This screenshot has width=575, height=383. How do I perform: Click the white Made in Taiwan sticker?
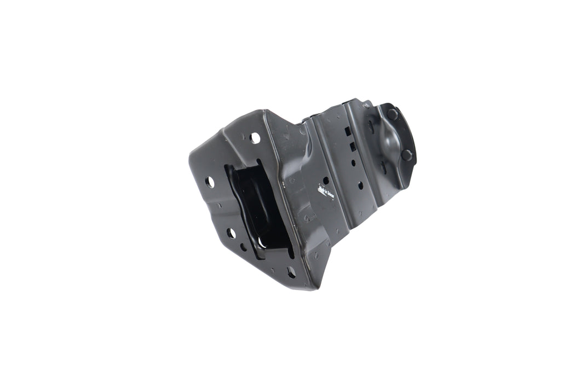pyautogui.click(x=326, y=193)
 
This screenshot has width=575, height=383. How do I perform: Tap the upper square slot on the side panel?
pyautogui.click(x=347, y=131)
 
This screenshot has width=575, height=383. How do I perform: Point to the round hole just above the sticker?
pyautogui.click(x=326, y=180)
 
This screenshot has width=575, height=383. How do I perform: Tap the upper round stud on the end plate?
pyautogui.click(x=393, y=114)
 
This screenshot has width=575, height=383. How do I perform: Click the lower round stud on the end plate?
pyautogui.click(x=406, y=155)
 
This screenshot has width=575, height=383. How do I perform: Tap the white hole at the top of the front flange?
pyautogui.click(x=255, y=138)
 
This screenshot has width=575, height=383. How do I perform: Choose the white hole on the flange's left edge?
pyautogui.click(x=210, y=181)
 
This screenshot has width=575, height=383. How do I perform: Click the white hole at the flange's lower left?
pyautogui.click(x=231, y=234)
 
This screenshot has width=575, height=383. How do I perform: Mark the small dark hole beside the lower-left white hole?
pyautogui.click(x=243, y=247)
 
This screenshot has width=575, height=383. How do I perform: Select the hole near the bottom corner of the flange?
pyautogui.click(x=291, y=272)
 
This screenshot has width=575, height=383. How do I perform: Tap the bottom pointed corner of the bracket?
pyautogui.click(x=314, y=287)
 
